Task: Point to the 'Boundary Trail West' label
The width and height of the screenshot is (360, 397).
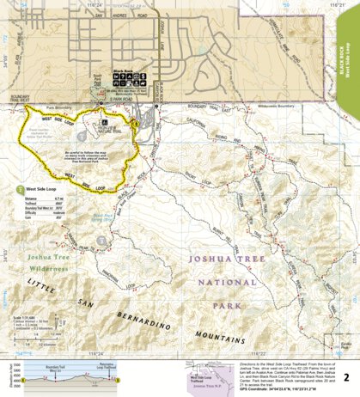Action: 20,98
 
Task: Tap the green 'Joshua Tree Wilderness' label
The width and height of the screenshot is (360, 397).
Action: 35,260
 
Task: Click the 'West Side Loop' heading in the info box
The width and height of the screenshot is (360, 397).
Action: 40,186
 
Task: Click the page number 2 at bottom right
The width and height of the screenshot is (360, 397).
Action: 346,376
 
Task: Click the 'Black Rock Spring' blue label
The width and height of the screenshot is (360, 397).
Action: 103,218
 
